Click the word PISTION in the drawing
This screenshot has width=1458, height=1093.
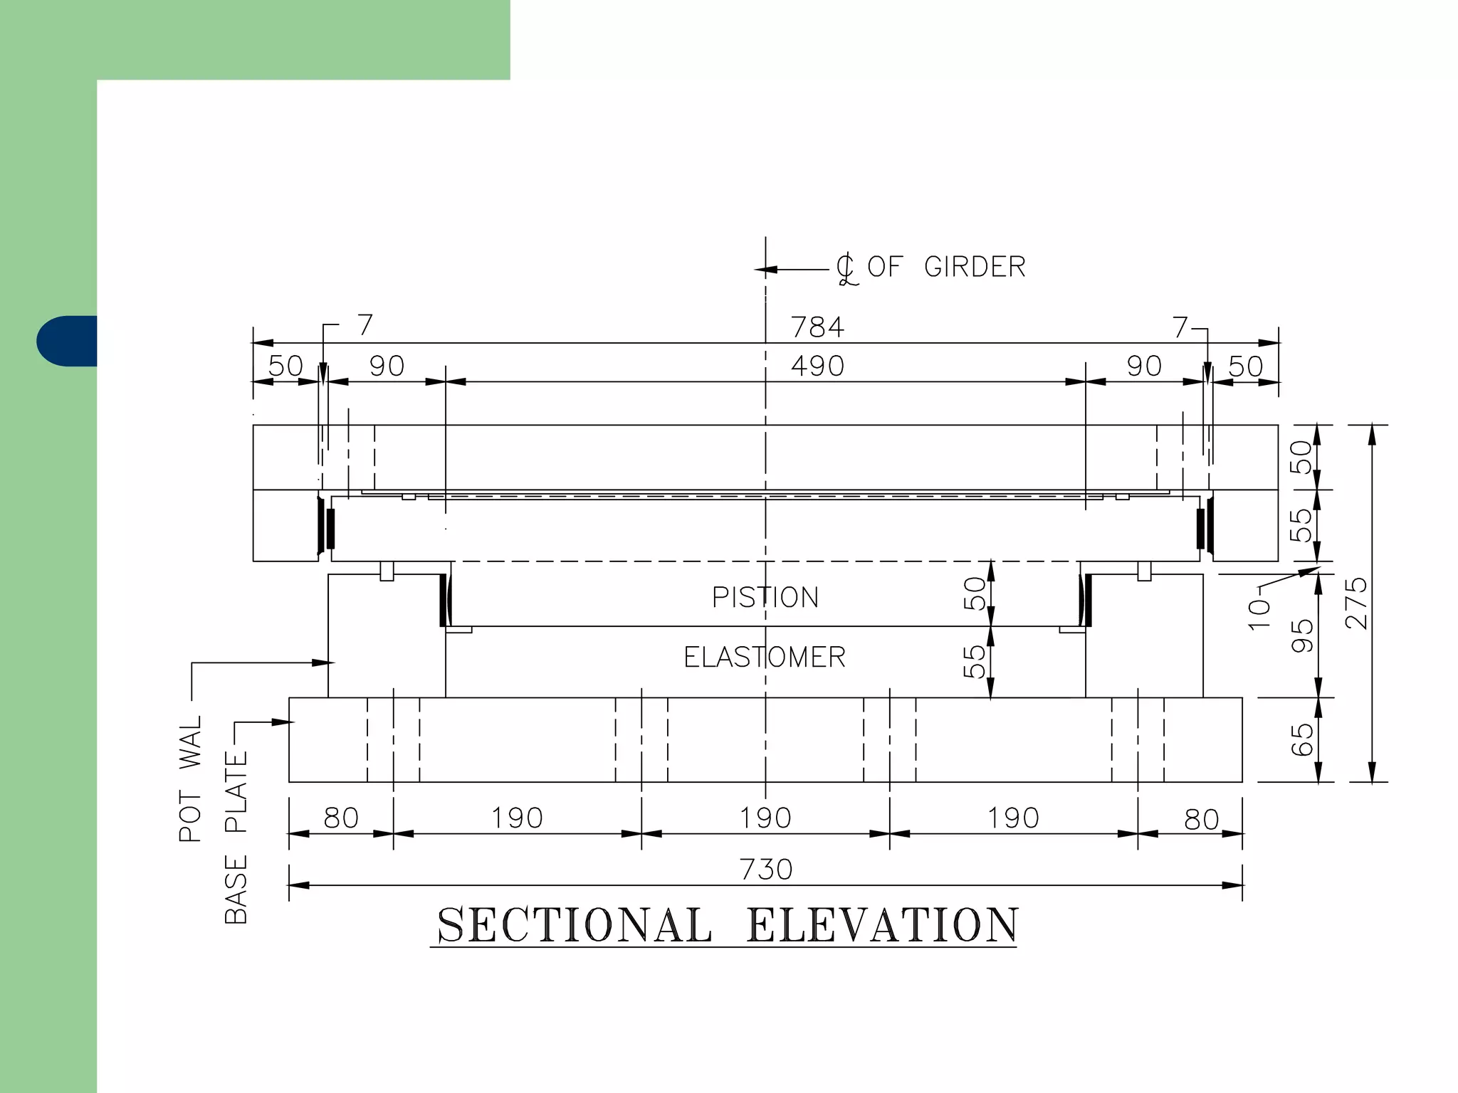(x=765, y=598)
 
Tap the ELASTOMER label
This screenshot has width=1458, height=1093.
(x=765, y=658)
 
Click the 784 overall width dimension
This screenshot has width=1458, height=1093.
(x=817, y=327)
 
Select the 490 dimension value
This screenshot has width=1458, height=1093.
(x=817, y=366)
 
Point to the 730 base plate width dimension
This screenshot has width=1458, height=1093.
(x=766, y=870)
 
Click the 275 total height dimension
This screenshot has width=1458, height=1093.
(x=1357, y=603)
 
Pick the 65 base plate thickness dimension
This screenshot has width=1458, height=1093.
(x=1302, y=739)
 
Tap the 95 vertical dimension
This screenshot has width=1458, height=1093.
(x=1302, y=635)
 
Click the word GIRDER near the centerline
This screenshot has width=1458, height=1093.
(x=975, y=268)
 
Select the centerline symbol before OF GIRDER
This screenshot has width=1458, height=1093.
(x=846, y=270)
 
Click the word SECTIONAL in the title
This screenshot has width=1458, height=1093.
(x=574, y=925)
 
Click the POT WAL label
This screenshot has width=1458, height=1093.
(x=191, y=779)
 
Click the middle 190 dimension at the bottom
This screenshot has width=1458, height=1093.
(x=765, y=818)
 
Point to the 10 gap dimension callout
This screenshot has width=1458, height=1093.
(x=1259, y=613)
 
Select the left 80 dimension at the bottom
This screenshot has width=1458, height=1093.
(x=341, y=818)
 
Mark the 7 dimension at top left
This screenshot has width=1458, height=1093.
(x=365, y=325)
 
